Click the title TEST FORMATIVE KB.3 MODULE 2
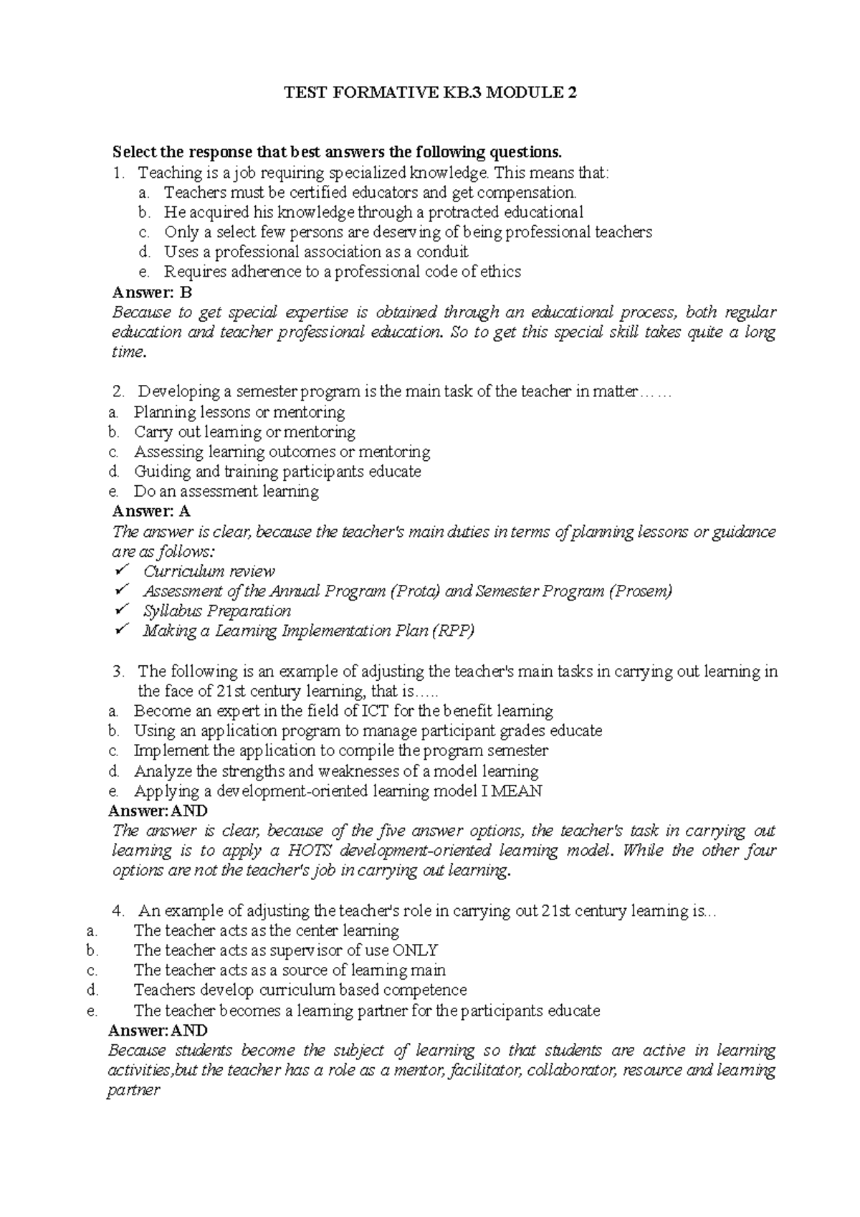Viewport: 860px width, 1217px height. point(430,92)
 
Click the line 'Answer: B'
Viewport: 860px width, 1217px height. point(153,292)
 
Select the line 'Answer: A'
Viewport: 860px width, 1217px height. point(151,511)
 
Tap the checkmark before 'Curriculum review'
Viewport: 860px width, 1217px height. point(121,571)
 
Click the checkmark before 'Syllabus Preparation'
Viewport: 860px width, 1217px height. point(121,610)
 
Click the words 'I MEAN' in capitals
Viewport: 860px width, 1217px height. point(516,791)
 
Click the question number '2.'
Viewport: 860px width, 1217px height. point(119,391)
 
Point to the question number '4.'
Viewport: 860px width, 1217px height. point(120,911)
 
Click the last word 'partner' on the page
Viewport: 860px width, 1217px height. point(133,1091)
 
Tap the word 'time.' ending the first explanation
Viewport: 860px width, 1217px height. point(129,352)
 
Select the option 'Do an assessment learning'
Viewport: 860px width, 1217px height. point(226,492)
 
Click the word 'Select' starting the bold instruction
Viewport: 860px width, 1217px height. point(134,152)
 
